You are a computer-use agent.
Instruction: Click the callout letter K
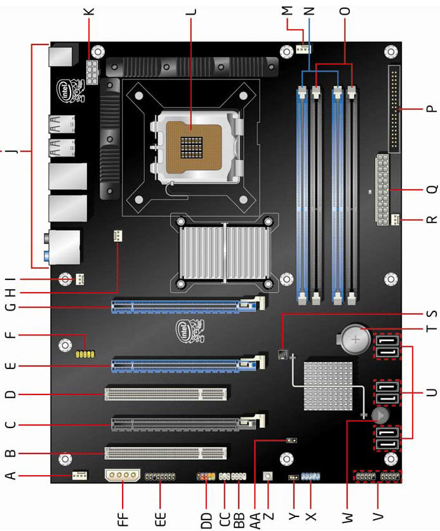point(90,11)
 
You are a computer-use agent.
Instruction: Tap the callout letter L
point(191,11)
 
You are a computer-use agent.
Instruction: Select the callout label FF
point(123,519)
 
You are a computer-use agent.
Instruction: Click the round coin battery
point(356,339)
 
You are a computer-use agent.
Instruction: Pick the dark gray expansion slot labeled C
point(188,424)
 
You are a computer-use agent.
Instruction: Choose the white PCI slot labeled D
point(166,394)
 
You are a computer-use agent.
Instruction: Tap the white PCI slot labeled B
point(166,453)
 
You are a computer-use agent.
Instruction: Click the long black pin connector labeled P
point(394,109)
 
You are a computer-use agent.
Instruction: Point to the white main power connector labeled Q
point(382,190)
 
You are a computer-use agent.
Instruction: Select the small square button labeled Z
point(268,476)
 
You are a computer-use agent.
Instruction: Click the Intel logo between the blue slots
point(190,331)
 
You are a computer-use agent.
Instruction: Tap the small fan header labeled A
point(79,476)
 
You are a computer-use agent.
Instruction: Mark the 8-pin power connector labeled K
point(92,72)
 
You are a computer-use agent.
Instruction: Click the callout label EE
point(160,519)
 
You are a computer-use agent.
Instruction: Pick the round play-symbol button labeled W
point(380,415)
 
